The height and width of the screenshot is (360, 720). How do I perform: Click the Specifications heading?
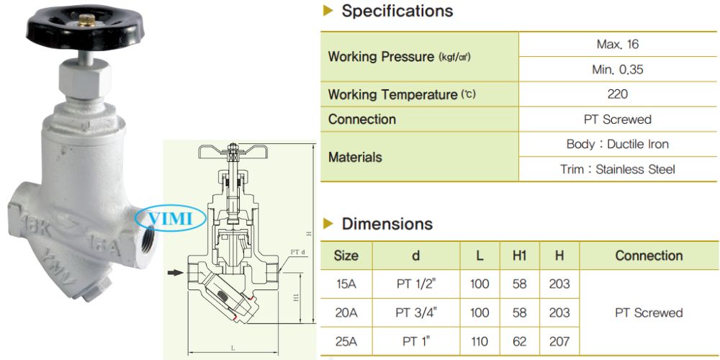pyautogui.click(x=397, y=12)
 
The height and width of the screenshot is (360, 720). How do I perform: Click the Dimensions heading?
pyautogui.click(x=387, y=224)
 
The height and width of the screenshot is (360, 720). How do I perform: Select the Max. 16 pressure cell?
pyautogui.click(x=617, y=45)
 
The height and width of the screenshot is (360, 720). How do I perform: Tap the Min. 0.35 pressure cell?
pyautogui.click(x=617, y=70)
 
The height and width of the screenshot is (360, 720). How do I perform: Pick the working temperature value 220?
pyautogui.click(x=617, y=94)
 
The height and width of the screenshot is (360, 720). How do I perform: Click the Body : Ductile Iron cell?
pyautogui.click(x=617, y=144)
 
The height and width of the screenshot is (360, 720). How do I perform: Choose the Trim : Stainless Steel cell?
pyautogui.click(x=617, y=169)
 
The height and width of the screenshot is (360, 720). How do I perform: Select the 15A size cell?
pyautogui.click(x=346, y=284)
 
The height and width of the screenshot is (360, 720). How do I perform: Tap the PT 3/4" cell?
pyautogui.click(x=416, y=312)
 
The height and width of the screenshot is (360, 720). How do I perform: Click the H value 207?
pyautogui.click(x=559, y=341)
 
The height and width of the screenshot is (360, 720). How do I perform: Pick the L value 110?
pyautogui.click(x=479, y=341)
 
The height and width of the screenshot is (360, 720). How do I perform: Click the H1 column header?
pyautogui.click(x=519, y=256)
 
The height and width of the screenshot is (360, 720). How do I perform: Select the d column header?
pyautogui.click(x=416, y=256)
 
